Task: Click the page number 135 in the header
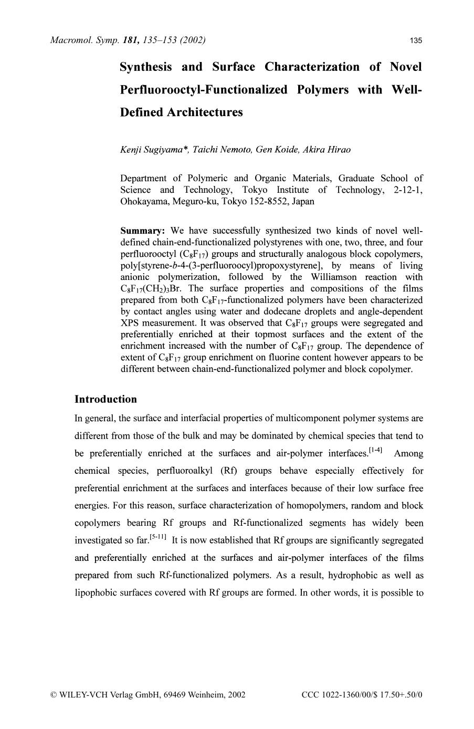point(416,41)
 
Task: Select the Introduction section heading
point(106,399)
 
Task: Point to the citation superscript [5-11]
point(158,537)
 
